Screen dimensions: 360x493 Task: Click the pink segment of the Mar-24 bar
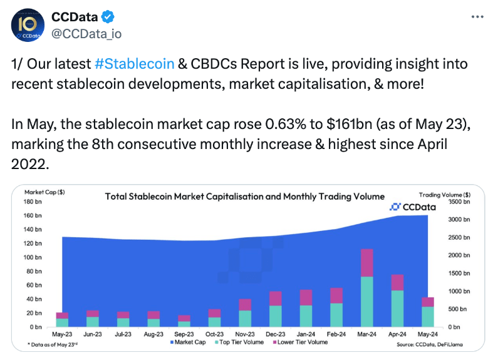pyautogui.click(x=367, y=263)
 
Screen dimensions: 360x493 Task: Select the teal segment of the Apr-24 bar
pyautogui.click(x=398, y=308)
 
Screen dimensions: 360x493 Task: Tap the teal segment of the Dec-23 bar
pyautogui.click(x=276, y=316)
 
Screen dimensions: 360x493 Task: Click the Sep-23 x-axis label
pyautogui.click(x=184, y=334)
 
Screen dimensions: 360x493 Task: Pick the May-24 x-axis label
pyautogui.click(x=428, y=334)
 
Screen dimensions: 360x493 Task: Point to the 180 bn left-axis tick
pyautogui.click(x=33, y=202)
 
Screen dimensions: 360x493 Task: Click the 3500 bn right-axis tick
pyautogui.click(x=459, y=202)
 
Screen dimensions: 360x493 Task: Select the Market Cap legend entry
pyautogui.click(x=188, y=342)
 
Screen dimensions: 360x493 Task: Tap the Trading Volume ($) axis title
pyautogui.click(x=445, y=193)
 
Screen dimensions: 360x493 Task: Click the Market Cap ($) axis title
pyautogui.click(x=44, y=192)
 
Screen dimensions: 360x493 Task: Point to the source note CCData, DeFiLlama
pyautogui.click(x=433, y=344)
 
